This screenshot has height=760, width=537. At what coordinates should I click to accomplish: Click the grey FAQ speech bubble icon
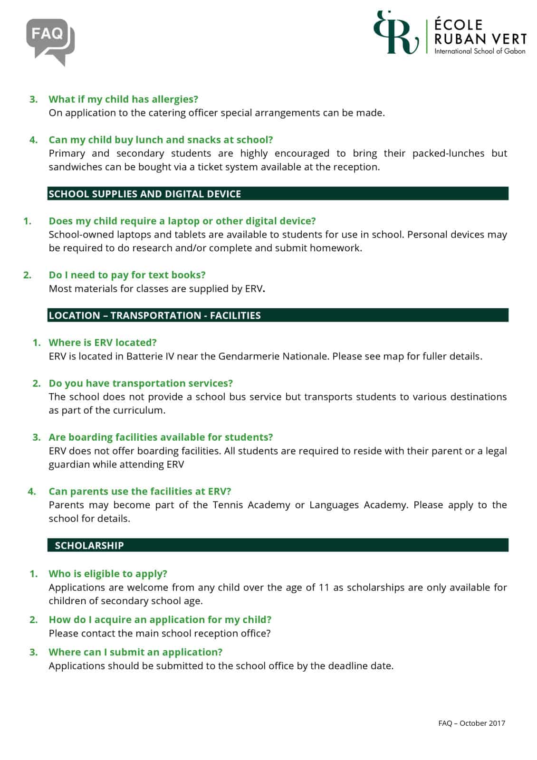[50, 41]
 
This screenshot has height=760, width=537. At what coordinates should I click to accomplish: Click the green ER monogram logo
[395, 33]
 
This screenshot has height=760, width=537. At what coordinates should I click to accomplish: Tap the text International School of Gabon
[479, 51]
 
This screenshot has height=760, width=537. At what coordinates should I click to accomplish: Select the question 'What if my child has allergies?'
[123, 99]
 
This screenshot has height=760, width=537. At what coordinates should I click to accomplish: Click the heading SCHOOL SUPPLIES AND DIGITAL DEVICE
[144, 194]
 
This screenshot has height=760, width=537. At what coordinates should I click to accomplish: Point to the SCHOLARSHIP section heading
[89, 545]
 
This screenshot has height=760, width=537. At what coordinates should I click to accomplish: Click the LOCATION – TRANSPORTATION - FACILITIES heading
[154, 315]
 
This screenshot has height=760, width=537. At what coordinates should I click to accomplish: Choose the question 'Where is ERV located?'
[103, 342]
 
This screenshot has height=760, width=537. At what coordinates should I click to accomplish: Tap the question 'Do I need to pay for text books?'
[127, 275]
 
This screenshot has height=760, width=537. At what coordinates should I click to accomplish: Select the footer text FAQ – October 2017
[471, 723]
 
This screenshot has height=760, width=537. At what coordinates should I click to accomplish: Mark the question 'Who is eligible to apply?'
[108, 574]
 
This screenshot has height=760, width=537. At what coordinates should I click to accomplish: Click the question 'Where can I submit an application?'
[135, 652]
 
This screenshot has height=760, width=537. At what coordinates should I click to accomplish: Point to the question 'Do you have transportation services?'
[141, 383]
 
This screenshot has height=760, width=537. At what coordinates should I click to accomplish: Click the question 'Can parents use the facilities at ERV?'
[140, 492]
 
